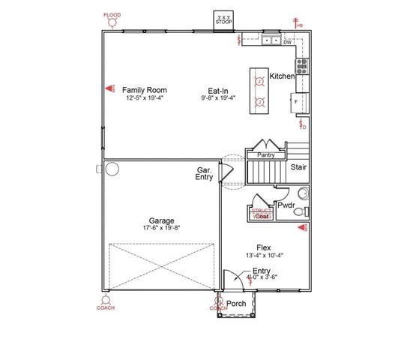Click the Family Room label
pos(145,90)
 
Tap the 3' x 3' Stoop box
pos(223,19)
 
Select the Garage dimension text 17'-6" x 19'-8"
pos(161,228)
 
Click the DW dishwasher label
pos(287,42)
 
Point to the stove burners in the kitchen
pos(303,65)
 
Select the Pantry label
pos(266,155)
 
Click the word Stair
pos(299,168)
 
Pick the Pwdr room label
pos(286,205)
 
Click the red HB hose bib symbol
pos(298,22)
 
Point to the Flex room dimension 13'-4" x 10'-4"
pos(263,255)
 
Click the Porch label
pos(237,304)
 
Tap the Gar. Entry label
pos(204,174)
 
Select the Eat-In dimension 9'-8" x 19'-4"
pos(218,97)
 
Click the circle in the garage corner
pos(113,169)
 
